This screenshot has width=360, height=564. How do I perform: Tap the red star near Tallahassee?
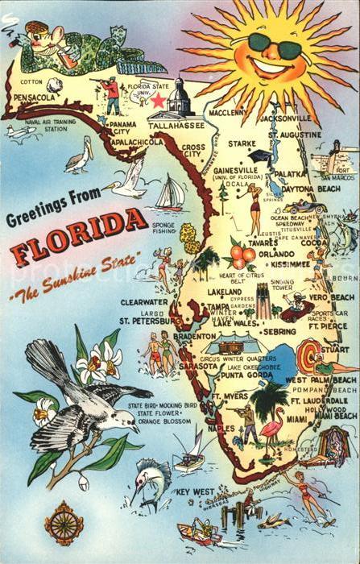tap(158, 101)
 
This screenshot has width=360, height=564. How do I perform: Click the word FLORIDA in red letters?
tap(78, 238)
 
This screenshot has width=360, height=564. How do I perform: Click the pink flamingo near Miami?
tap(271, 425)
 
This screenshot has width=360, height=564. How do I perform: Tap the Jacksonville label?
tap(286, 118)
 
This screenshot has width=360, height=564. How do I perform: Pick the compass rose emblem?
tap(64, 524)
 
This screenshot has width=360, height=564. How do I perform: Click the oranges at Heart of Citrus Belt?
tap(242, 256)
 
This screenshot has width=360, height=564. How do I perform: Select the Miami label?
tap(297, 419)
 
